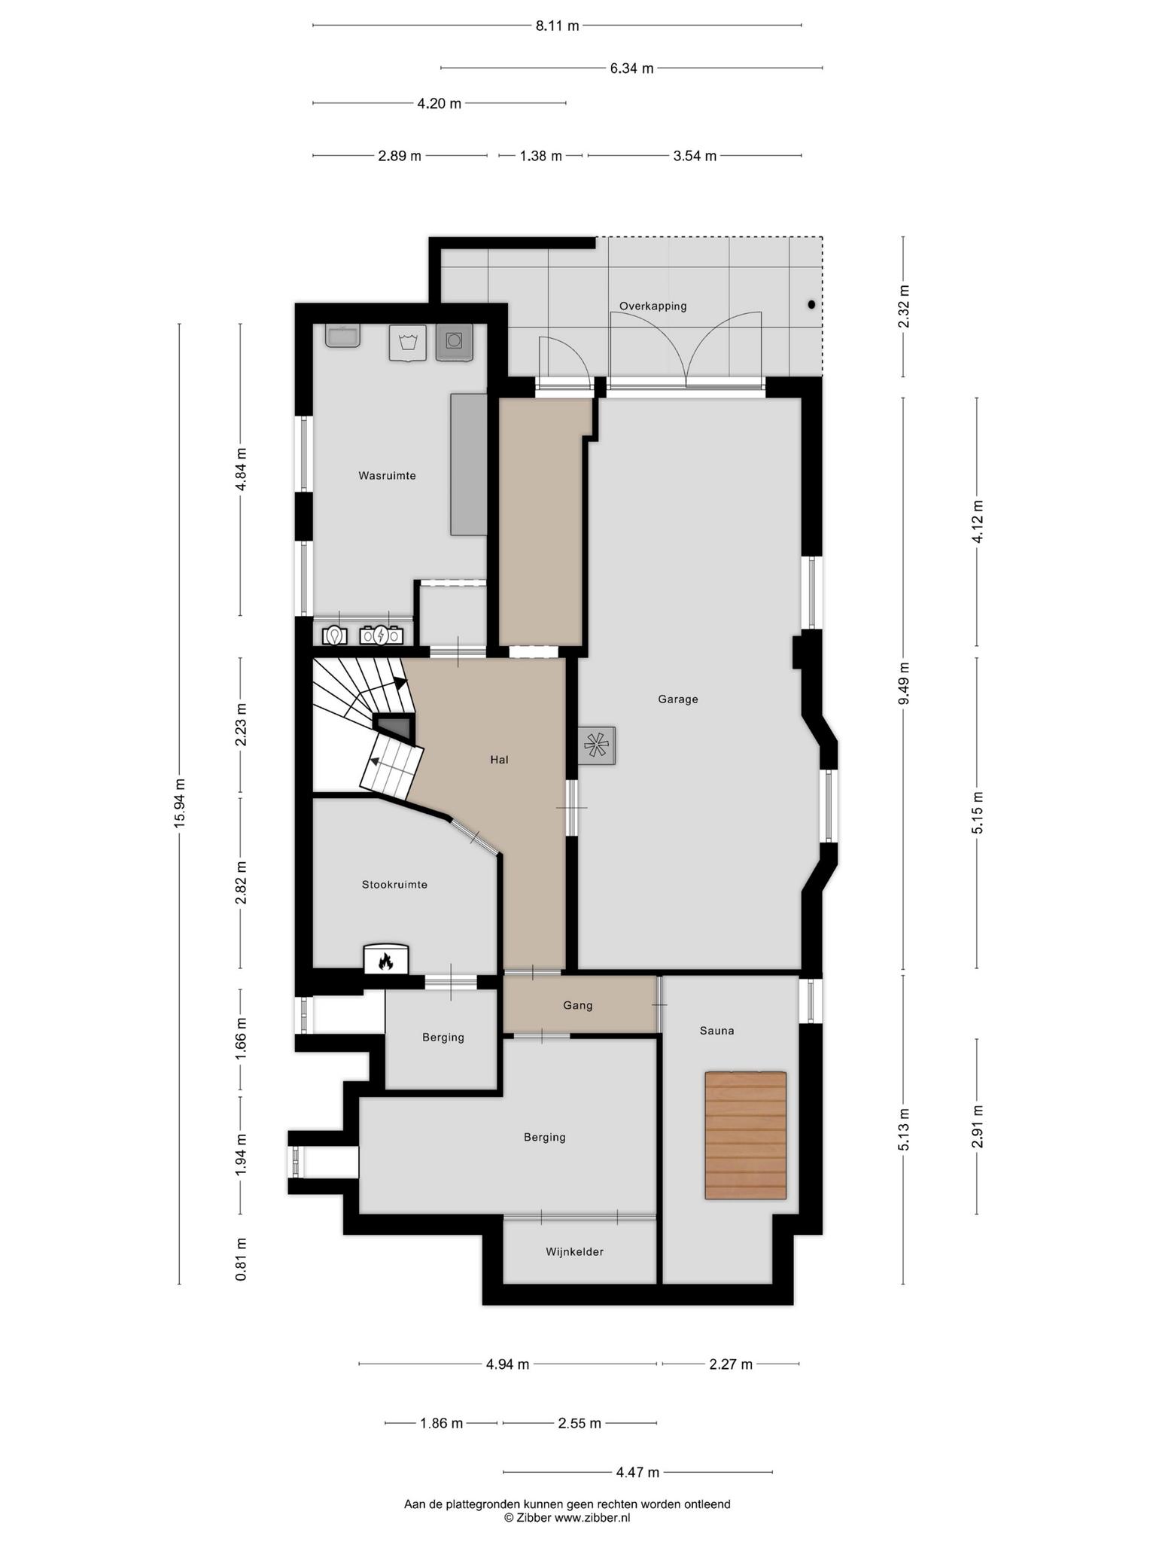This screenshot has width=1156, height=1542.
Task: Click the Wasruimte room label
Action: pyautogui.click(x=387, y=476)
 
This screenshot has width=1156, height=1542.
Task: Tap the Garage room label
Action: pyautogui.click(x=678, y=699)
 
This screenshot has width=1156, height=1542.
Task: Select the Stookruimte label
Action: pyautogui.click(x=394, y=885)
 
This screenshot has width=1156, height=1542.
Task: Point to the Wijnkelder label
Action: pyautogui.click(x=575, y=1252)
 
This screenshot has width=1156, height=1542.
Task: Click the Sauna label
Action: pyautogui.click(x=716, y=1031)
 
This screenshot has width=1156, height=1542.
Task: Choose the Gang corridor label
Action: pyautogui.click(x=578, y=1005)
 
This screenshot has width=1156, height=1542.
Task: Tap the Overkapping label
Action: pyautogui.click(x=653, y=306)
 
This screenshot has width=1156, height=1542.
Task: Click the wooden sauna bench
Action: pyautogui.click(x=745, y=1135)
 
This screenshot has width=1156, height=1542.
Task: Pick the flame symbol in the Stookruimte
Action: pyautogui.click(x=386, y=961)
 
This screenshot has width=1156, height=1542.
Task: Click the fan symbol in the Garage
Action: pyautogui.click(x=597, y=746)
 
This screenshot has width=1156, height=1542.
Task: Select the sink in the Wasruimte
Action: pyautogui.click(x=342, y=336)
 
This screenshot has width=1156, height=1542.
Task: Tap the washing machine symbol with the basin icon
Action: pyautogui.click(x=408, y=343)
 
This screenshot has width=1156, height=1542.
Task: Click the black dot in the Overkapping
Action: pyautogui.click(x=811, y=305)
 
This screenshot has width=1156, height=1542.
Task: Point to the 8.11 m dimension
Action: pyautogui.click(x=558, y=26)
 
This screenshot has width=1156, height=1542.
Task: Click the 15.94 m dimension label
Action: pyautogui.click(x=179, y=803)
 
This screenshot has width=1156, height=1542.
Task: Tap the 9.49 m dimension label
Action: pyautogui.click(x=904, y=684)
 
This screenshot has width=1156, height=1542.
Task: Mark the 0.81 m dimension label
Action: pyautogui.click(x=241, y=1259)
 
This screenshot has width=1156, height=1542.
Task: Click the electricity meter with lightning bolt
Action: pyautogui.click(x=382, y=636)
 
